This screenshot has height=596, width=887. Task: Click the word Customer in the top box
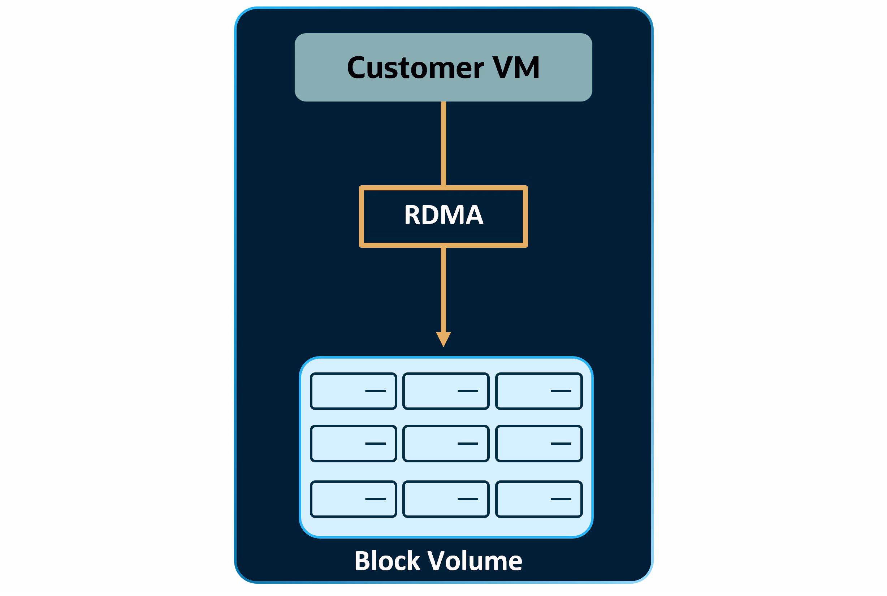tap(415, 68)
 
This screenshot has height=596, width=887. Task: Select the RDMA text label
tap(443, 215)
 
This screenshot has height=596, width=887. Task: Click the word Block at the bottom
tap(387, 561)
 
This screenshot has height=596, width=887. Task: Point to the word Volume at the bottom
tap(474, 561)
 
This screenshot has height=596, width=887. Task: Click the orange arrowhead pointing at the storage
tap(443, 338)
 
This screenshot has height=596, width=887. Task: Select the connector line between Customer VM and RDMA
tap(443, 144)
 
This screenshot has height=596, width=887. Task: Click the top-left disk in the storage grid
tap(354, 391)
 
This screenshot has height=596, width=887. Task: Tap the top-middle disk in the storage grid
tap(446, 391)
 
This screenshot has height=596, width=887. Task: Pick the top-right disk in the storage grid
tap(539, 391)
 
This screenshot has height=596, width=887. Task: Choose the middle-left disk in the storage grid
tap(354, 444)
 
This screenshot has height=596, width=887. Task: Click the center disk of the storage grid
tap(446, 444)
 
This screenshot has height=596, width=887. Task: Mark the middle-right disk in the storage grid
tap(539, 444)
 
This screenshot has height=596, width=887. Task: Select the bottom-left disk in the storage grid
tap(354, 499)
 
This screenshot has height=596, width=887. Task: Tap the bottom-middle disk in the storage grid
tap(446, 499)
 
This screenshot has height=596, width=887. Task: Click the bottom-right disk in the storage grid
tap(539, 499)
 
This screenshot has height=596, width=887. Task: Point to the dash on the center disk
tap(468, 444)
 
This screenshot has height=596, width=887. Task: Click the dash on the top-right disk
tap(561, 391)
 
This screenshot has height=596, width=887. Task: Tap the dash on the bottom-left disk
tap(375, 499)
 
